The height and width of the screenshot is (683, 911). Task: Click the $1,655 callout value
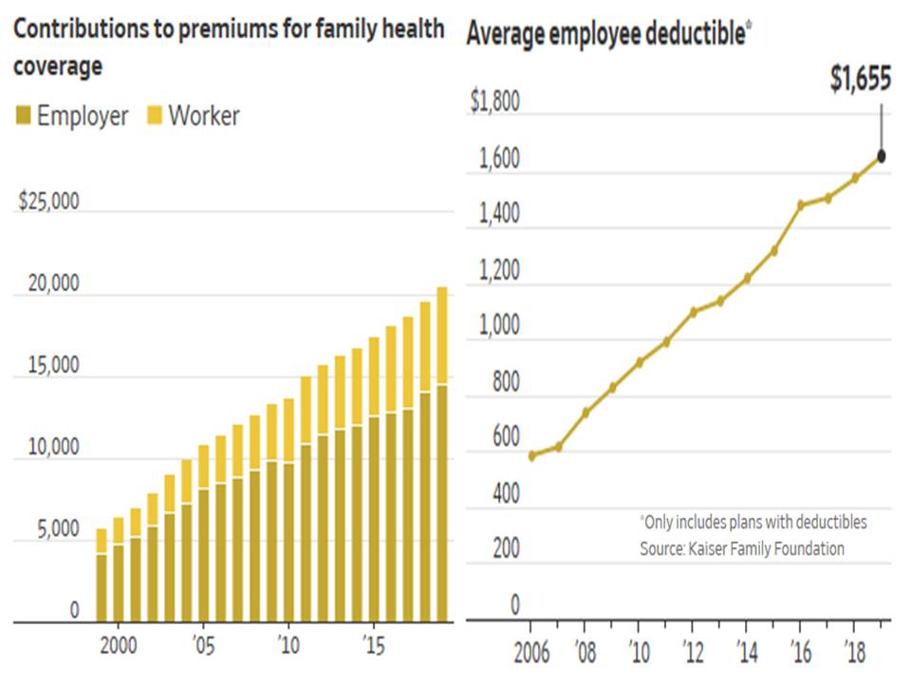pyautogui.click(x=860, y=80)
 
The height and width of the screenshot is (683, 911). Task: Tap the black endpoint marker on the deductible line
pyautogui.click(x=882, y=157)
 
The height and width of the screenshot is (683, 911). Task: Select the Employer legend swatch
pyautogui.click(x=22, y=117)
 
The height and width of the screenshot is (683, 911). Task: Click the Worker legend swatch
pyautogui.click(x=154, y=117)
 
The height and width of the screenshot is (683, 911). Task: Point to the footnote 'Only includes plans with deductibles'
pyautogui.click(x=753, y=523)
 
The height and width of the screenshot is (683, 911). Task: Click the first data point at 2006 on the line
pyautogui.click(x=531, y=455)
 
